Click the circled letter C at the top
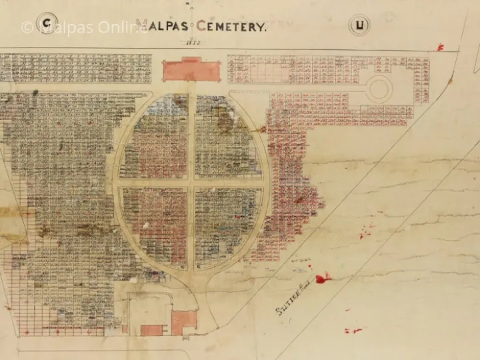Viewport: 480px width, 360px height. [47, 25]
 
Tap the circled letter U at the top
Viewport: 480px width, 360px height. [360, 26]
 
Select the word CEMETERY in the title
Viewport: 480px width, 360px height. [231, 27]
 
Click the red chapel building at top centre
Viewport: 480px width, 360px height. [190, 69]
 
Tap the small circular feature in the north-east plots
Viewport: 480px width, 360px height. [379, 88]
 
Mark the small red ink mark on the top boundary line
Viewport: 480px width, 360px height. [440, 47]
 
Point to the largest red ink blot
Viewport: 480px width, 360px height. [323, 278]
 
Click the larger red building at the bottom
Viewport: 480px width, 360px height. [183, 322]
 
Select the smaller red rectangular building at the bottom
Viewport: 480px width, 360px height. [152, 330]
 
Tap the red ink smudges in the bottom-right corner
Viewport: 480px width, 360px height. [353, 330]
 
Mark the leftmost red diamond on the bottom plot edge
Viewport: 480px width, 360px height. [27, 332]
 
